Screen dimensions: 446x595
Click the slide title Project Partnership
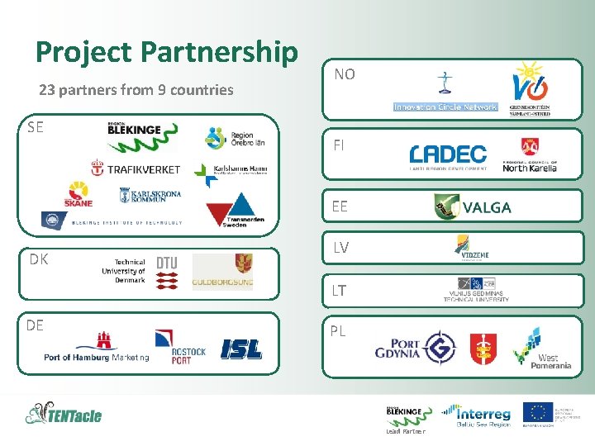click(166, 53)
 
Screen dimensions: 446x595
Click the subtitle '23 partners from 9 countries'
click(136, 89)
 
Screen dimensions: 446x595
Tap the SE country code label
click(35, 127)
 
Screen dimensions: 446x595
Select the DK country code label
click(38, 259)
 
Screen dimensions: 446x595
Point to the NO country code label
click(345, 74)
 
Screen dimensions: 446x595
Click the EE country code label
click(340, 206)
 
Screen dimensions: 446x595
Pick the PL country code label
click(338, 331)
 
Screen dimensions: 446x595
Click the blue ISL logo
click(241, 349)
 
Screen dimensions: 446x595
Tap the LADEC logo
click(448, 155)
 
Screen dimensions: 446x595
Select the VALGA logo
click(473, 206)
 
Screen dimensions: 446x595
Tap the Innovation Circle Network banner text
click(445, 107)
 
